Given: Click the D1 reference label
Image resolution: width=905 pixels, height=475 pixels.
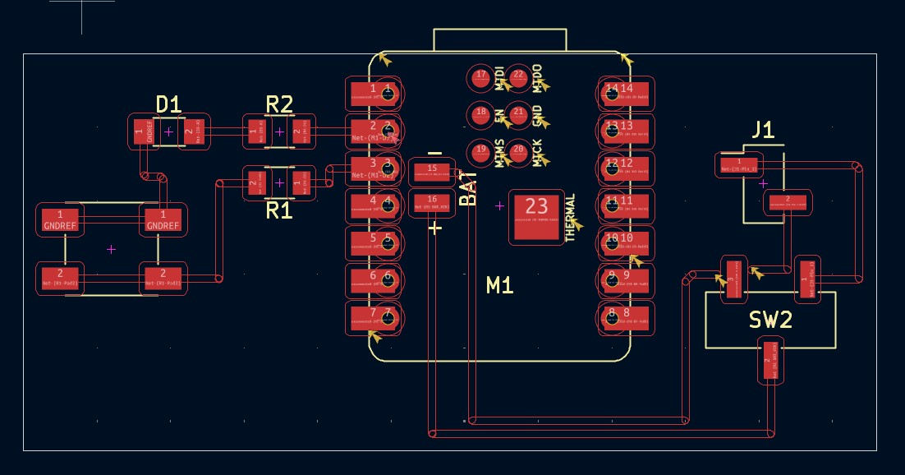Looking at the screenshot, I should click(x=168, y=104).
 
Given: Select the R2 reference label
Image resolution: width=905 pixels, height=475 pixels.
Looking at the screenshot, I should click(x=279, y=104).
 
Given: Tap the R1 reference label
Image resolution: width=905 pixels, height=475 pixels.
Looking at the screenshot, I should click(x=279, y=211).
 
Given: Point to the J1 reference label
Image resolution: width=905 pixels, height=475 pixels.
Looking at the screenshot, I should click(x=763, y=129).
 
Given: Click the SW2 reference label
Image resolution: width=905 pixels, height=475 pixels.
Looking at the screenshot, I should click(x=770, y=320).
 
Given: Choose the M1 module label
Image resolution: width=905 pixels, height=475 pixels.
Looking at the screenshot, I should click(x=499, y=285).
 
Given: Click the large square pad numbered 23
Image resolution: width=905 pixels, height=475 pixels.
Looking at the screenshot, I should click(x=536, y=218).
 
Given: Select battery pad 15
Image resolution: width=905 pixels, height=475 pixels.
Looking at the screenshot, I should click(x=432, y=171).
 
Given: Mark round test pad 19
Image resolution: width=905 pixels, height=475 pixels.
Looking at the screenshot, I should click(x=481, y=151).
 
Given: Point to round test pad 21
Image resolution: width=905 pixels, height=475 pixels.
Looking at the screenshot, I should click(x=518, y=114).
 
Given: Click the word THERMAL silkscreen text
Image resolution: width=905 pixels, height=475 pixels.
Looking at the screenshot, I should click(x=572, y=218).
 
